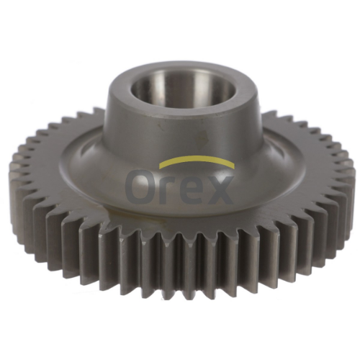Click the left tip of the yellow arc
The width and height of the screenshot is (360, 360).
160,166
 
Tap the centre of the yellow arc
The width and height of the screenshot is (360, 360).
197,158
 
